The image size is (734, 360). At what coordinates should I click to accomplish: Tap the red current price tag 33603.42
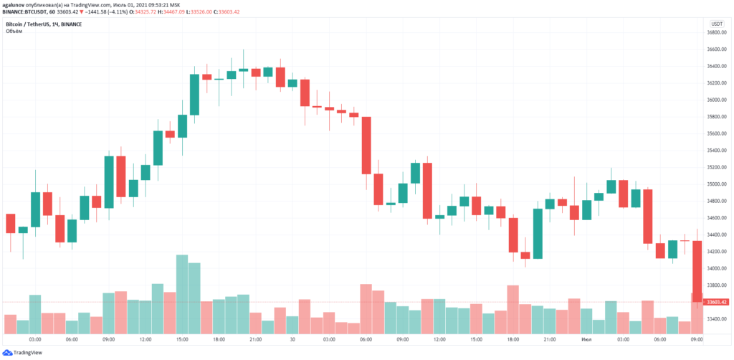[x=716, y=302]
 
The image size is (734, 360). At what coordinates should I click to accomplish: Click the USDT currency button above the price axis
[x=716, y=24]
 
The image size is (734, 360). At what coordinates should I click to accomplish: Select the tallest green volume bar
[x=182, y=294]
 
